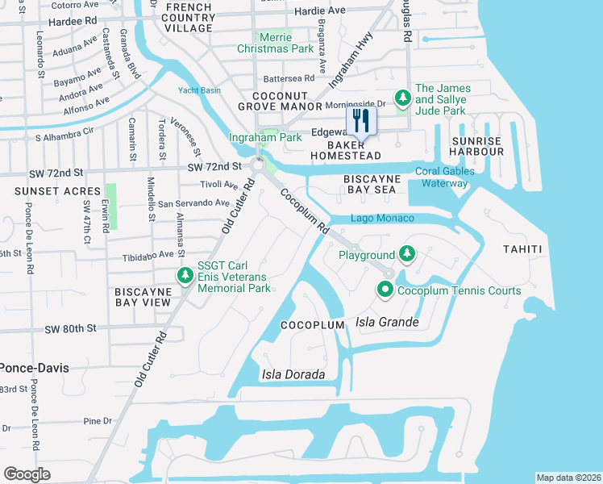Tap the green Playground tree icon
coord(407,254)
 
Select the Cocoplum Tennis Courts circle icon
coord(385,290)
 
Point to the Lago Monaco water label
coord(383,219)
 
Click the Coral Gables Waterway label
coord(441,177)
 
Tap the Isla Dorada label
coord(293,374)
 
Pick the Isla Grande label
coord(387,323)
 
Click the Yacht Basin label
coord(199,90)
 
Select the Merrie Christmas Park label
coord(275,43)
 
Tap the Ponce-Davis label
coord(35,367)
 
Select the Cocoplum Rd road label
coord(306,213)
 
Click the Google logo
coord(27,474)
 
